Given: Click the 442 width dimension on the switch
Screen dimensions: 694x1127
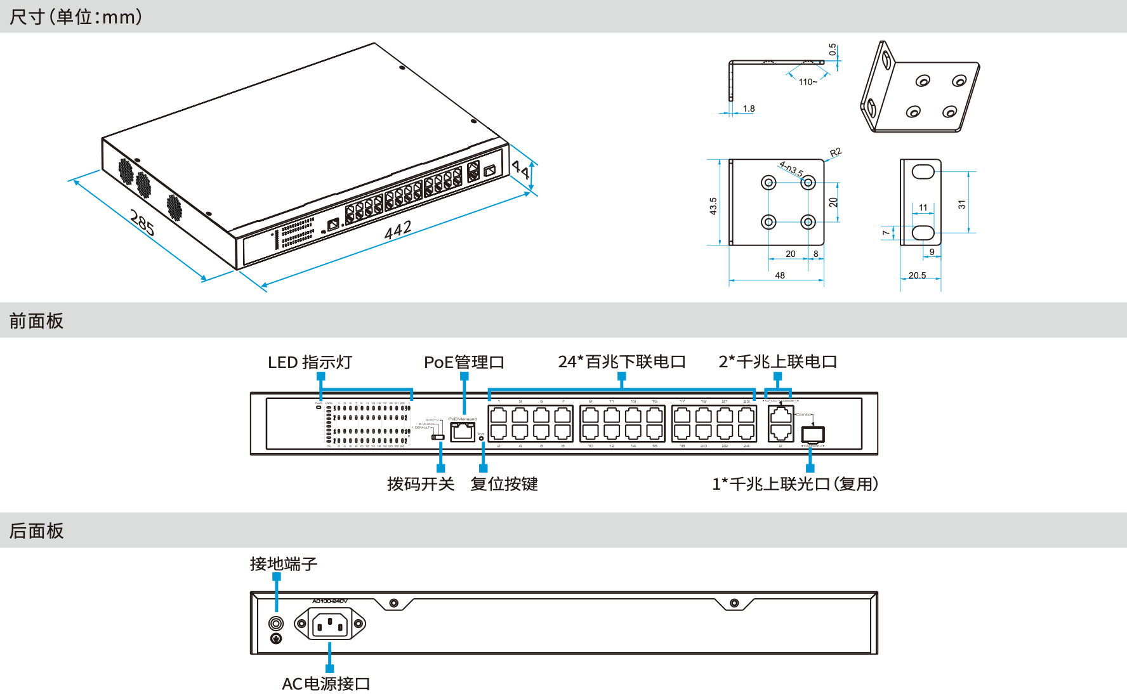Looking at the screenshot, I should [398, 230].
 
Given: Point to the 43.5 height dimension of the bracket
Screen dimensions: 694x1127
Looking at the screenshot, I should [713, 206].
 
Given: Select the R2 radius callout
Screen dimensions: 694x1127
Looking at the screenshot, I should [835, 152].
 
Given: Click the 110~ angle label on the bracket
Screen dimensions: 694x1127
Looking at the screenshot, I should [808, 82].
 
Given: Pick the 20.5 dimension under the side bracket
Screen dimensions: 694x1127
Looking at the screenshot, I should [917, 275].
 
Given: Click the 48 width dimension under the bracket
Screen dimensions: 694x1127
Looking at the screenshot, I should [780, 275].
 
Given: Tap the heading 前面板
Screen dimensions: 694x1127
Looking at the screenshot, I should [37, 321].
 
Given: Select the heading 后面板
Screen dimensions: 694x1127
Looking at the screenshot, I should [37, 531].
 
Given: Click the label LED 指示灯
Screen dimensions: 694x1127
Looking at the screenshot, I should [310, 362].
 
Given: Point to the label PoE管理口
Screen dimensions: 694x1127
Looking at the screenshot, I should [464, 362].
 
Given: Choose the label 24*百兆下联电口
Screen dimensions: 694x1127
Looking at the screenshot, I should [622, 362].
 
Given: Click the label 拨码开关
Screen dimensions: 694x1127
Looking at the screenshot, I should [421, 484].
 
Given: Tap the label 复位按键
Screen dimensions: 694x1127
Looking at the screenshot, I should [504, 484].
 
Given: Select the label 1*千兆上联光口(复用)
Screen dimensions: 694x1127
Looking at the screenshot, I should [795, 484].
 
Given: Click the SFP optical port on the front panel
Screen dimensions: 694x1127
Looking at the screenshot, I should [813, 435].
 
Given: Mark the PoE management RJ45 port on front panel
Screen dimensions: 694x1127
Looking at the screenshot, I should [463, 432].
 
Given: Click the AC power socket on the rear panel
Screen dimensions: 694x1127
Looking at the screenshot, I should [330, 624].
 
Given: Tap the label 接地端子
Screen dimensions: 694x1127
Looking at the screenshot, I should [284, 564].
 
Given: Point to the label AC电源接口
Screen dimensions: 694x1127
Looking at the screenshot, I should [326, 684].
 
